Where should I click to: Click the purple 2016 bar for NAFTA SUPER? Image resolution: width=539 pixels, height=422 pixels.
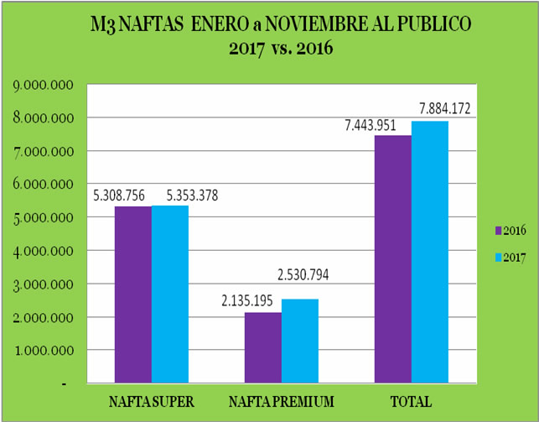[133, 294]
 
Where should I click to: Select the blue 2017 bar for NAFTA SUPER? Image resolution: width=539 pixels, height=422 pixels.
[170, 294]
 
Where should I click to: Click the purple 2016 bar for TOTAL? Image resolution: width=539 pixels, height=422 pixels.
[394, 259]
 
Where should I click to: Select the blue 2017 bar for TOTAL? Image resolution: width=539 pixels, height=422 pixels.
[430, 252]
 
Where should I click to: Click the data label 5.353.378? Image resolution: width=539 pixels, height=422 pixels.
[198, 195]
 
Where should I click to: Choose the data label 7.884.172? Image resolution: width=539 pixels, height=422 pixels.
[448, 108]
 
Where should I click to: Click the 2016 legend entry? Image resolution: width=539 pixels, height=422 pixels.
[507, 229]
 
